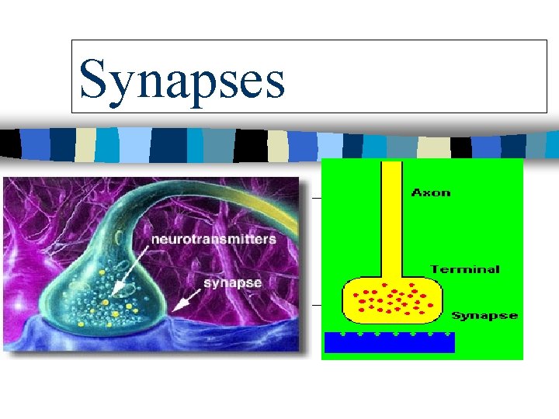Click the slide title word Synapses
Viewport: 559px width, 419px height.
(182, 80)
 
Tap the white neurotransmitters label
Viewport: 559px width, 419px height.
(213, 239)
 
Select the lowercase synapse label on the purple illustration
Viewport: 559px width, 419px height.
(232, 282)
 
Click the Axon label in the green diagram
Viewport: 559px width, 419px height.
(431, 192)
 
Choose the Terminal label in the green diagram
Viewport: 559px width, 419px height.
(465, 270)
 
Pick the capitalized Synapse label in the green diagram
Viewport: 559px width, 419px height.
(484, 316)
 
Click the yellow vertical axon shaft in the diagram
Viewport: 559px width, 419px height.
(391, 217)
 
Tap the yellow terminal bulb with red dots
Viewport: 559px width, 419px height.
(392, 300)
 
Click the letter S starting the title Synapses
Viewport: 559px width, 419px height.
(94, 80)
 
